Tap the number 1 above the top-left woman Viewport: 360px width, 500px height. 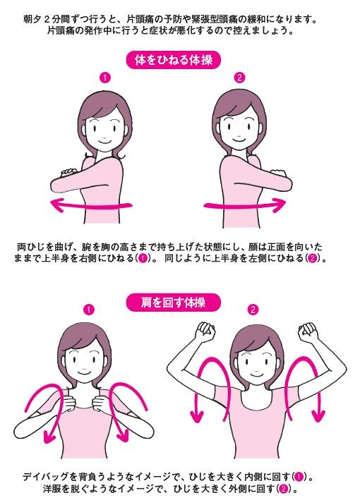tap(104, 78)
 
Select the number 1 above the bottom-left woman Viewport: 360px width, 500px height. tap(89, 310)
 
